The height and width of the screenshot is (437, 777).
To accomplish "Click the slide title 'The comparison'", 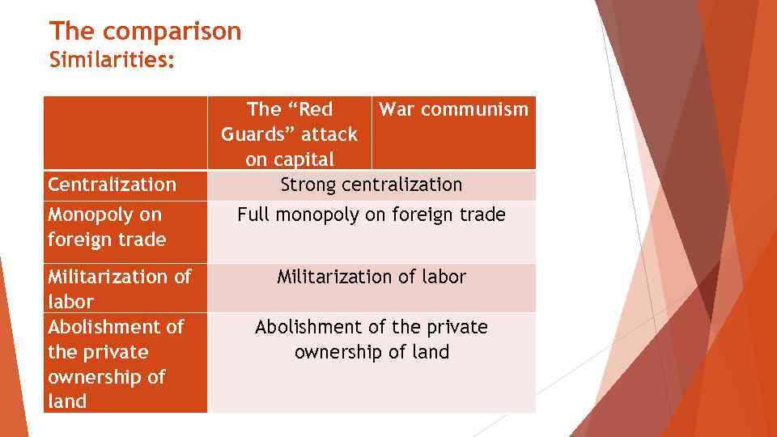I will tap(145, 31).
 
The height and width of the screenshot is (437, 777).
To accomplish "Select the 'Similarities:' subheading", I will tap(112, 60).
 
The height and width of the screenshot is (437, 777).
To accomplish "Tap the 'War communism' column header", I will tap(453, 109).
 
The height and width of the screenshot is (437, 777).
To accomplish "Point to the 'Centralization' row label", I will tap(112, 185).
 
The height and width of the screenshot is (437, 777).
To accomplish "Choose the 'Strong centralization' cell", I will tap(371, 185).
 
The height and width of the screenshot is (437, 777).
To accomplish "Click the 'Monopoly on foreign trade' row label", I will tap(107, 227).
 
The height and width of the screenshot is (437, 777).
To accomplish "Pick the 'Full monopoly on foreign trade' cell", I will tap(371, 214).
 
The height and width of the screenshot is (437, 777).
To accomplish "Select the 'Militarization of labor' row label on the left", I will tap(118, 288).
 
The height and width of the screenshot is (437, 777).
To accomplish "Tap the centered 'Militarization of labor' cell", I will tap(371, 277).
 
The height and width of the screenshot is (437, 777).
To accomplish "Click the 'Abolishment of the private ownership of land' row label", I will tap(116, 363).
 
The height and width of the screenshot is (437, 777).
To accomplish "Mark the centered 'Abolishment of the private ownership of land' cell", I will tap(371, 339).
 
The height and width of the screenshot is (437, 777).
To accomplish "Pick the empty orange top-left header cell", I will tap(125, 134).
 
